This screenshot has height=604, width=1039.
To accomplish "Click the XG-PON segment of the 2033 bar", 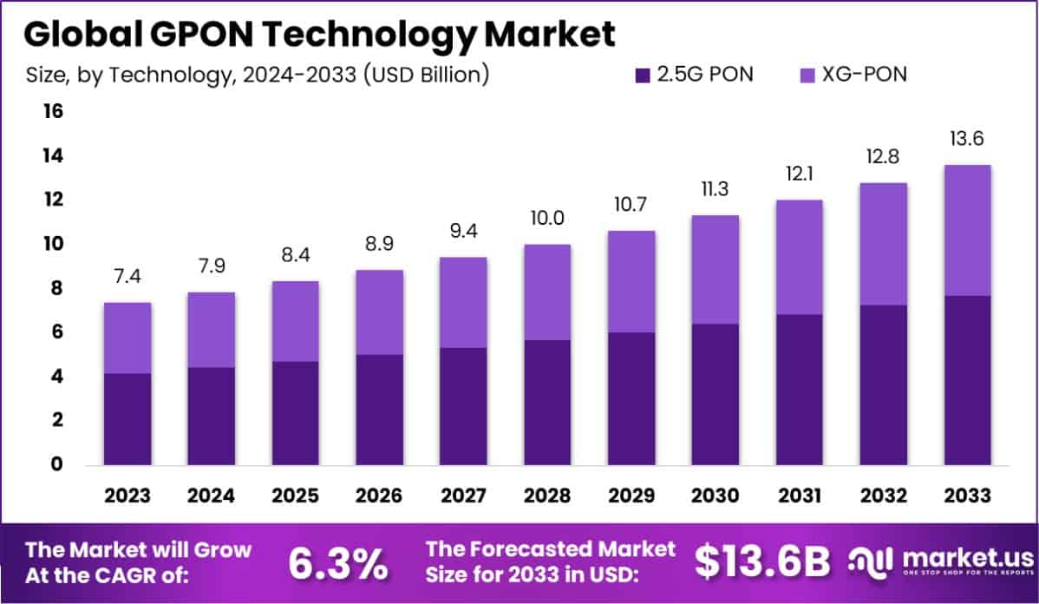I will pos(968,230).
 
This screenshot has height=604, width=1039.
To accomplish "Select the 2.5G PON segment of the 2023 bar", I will pos(127,418).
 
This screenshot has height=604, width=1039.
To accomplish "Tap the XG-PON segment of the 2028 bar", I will pos(548,292).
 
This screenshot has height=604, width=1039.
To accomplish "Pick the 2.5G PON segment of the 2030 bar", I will pos(716,394).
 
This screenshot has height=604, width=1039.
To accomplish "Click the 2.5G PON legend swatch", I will pos(643,75).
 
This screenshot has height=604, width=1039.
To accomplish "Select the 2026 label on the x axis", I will pos(380,496).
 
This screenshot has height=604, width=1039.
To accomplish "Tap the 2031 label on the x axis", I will pos(800,496).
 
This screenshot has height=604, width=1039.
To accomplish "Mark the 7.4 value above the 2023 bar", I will pos(127,278).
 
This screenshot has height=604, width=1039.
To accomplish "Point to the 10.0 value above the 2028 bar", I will pos(548,220).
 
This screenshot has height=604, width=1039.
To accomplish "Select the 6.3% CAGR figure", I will pos(338,563).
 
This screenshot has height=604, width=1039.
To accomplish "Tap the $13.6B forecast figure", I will pos(761,563).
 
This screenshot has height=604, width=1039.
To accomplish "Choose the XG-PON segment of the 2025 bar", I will pos(296,321).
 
